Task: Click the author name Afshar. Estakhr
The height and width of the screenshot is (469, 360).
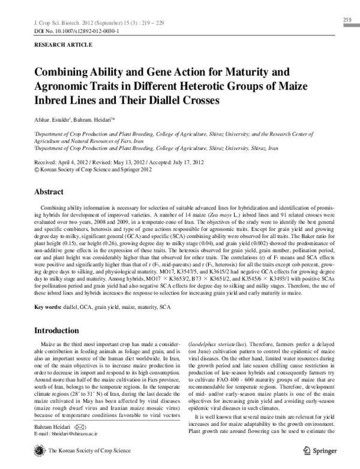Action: coord(55,119)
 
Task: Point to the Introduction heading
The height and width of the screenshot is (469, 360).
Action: coord(62,330)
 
